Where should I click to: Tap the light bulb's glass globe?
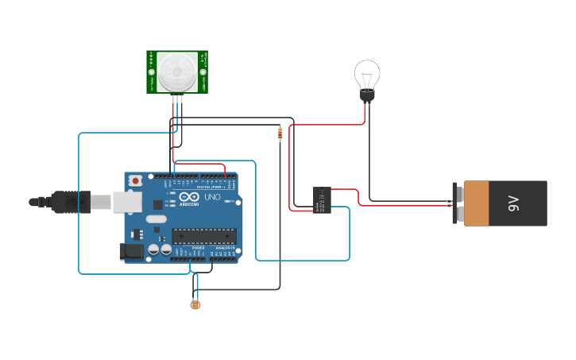pos(367,75)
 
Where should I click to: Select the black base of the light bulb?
pos(367,96)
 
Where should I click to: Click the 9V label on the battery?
pos(513,203)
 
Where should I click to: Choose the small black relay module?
pos(322,199)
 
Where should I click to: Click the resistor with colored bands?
pos(280,134)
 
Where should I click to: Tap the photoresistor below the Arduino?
pos(195,304)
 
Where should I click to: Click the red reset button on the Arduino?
pos(136,180)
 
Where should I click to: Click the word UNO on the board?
pos(212,197)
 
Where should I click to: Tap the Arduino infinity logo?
pos(189,197)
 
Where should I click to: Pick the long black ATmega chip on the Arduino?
pos(204,235)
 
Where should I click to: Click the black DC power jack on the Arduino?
pos(133,252)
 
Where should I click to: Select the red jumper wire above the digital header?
pos(200,164)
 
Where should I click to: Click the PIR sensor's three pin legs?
pos(176,99)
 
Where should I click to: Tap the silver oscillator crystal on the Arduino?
pos(156,219)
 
